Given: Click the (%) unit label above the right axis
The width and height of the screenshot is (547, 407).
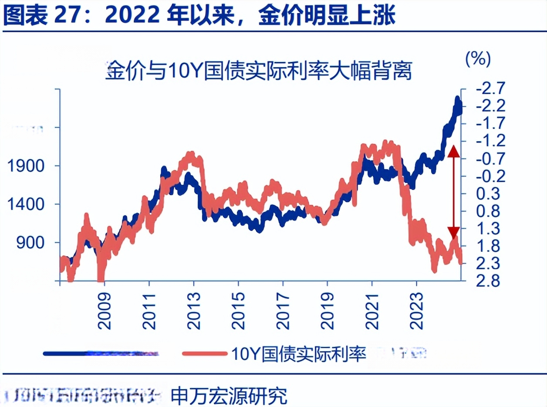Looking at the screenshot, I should tap(478, 58).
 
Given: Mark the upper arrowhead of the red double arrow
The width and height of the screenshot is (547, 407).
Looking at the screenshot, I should tap(453, 151).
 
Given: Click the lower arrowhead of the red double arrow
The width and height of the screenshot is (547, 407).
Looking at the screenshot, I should tap(453, 232).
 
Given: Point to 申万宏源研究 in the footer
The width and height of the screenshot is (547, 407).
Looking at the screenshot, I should tap(229, 395).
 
